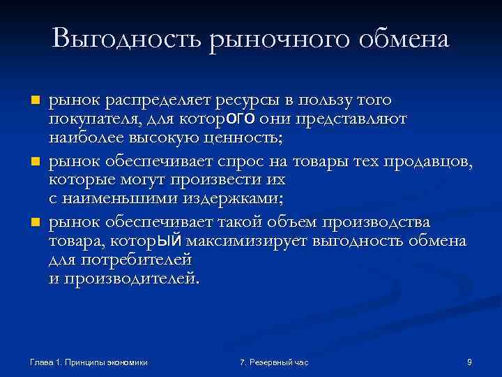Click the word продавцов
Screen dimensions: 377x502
432,163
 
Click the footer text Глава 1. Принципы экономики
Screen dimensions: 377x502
89,362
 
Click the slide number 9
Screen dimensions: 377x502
469,362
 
